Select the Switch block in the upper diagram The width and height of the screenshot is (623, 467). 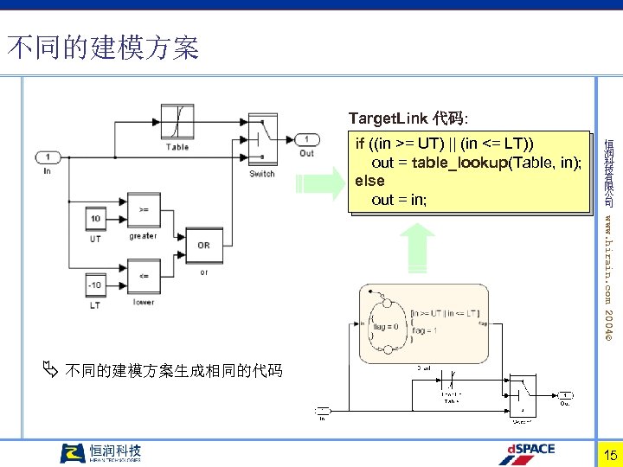coord(262,138)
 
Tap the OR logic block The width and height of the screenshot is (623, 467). coord(203,245)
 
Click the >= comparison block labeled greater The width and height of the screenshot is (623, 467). coord(143,212)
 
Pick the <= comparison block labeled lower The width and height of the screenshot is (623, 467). coord(143,279)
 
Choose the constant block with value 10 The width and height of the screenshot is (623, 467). coord(95,219)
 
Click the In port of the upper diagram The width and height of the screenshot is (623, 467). coord(48,157)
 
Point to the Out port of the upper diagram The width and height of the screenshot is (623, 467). coord(306,139)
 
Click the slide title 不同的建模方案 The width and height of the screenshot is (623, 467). coord(103,48)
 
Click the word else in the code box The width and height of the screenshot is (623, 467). coord(369,181)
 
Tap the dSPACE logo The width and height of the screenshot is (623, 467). coord(530,453)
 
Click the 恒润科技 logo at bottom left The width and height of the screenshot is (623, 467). coord(100,453)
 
